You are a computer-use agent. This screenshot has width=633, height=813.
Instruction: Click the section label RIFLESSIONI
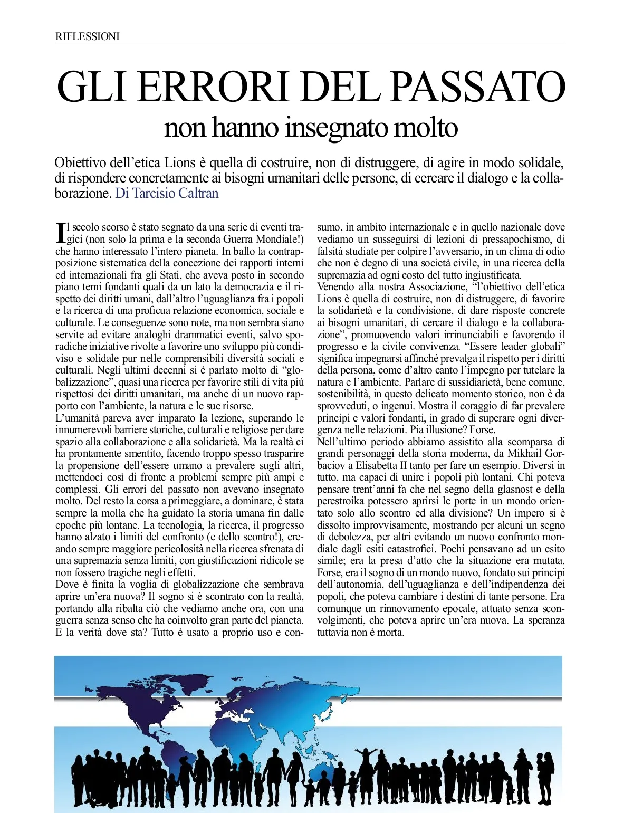88,36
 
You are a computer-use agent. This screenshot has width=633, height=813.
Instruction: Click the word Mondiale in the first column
279,239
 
